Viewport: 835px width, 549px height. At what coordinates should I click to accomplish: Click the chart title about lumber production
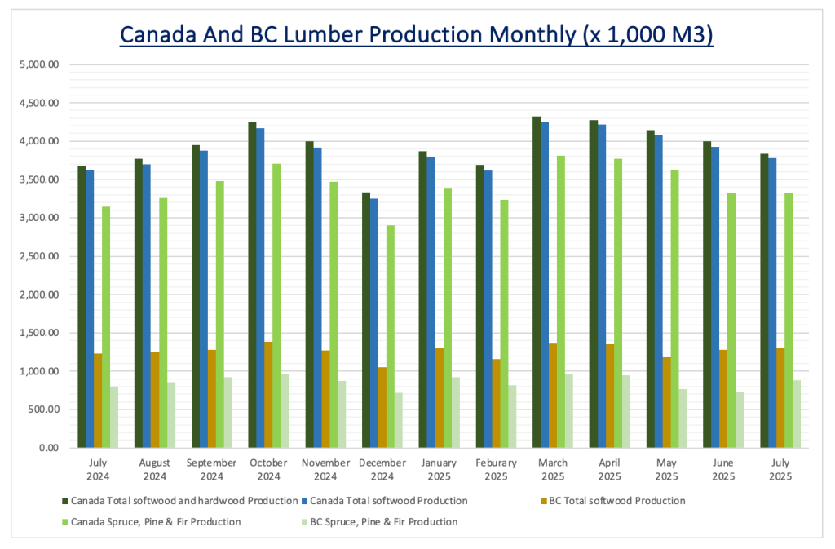coord(417,35)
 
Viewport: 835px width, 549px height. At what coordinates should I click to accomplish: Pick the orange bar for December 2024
coord(382,407)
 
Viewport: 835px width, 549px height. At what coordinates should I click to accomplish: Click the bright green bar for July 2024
coord(106,326)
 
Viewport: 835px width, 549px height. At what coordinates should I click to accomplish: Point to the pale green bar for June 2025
coord(740,419)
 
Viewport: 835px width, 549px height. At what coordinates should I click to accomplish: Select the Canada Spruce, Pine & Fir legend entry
coord(155,521)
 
